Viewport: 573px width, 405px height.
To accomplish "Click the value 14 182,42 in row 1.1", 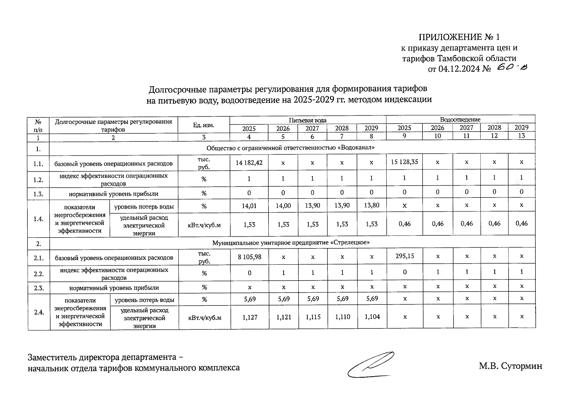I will point(249,163).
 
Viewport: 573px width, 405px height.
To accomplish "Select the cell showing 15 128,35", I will point(404,162).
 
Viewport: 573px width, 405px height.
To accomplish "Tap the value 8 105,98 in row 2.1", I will point(249,257).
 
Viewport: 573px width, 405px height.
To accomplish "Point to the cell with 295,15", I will point(405,256).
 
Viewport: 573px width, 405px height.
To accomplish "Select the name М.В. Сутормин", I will point(510,366).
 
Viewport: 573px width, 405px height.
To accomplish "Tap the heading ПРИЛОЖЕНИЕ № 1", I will point(459,37).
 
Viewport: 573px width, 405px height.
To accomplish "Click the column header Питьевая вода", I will point(307,120).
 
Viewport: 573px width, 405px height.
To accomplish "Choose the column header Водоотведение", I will point(460,119).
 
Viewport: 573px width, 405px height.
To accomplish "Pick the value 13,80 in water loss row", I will point(371,205).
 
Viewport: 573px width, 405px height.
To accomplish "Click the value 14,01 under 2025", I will point(249,206).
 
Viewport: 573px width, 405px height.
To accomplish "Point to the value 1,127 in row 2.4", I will point(250,317).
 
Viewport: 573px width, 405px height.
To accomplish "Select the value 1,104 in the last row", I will point(372,317).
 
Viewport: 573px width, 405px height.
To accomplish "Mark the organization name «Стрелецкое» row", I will point(291,243).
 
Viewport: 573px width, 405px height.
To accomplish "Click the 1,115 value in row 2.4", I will point(313,317).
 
